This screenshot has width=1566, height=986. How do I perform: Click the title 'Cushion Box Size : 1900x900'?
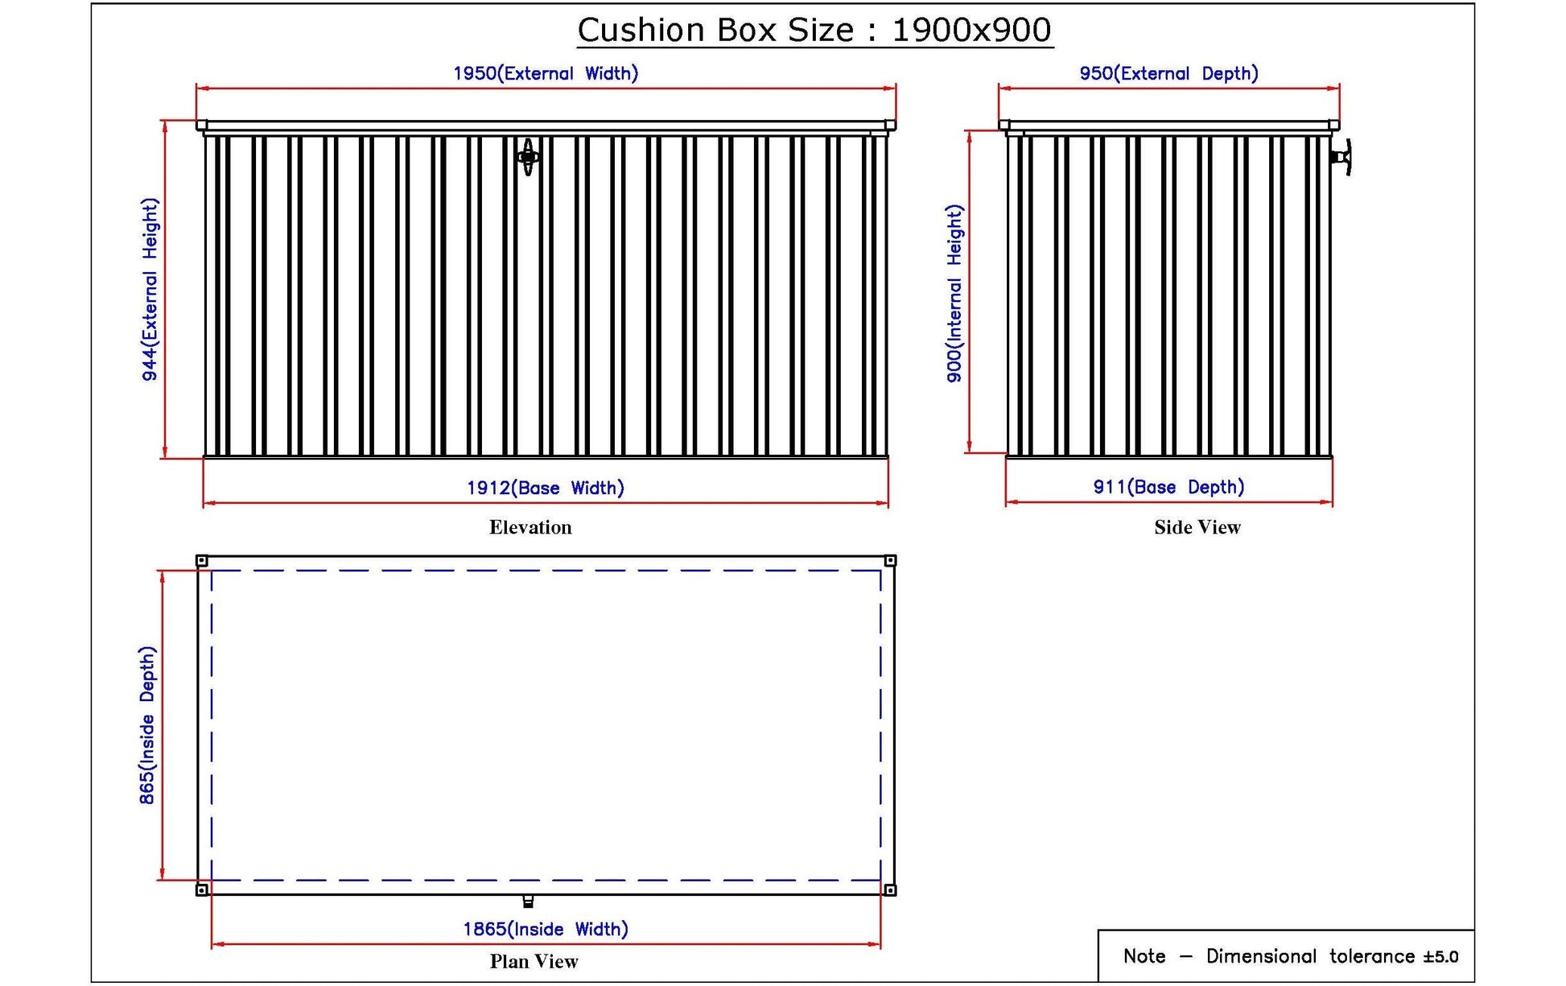(814, 31)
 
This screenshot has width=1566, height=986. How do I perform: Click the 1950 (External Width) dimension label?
(546, 73)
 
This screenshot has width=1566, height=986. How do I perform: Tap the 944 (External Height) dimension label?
(150, 290)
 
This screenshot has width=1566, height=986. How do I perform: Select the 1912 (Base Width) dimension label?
(546, 488)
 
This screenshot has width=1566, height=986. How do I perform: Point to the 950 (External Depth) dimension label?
(1168, 73)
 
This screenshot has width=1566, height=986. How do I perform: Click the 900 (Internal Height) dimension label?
(954, 294)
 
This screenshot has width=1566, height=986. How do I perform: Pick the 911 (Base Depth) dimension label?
(1168, 487)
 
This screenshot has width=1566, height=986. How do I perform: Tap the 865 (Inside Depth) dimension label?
(147, 725)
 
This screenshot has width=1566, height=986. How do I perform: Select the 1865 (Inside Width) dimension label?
(546, 929)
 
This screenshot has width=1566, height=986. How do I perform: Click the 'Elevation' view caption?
(530, 527)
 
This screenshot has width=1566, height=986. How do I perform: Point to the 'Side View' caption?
(1197, 527)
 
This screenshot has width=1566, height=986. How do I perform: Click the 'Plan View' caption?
(534, 961)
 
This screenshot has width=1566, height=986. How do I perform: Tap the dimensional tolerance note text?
(1291, 956)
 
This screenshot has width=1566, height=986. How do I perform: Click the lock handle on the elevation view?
(528, 156)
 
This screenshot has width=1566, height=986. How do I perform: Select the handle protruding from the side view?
(1342, 157)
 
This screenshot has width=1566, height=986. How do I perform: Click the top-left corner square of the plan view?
(202, 561)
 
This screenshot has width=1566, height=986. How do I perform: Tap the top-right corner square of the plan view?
(890, 561)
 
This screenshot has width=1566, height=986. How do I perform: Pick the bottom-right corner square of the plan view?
(890, 889)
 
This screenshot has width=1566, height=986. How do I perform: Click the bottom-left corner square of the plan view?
(202, 889)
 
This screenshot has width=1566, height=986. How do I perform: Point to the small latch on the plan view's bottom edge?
(528, 901)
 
